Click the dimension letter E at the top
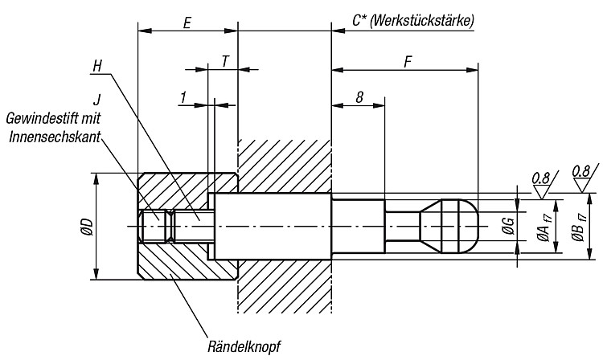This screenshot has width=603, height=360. click(187, 23)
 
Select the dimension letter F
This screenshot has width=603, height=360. click(408, 62)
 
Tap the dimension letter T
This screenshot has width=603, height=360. click(226, 61)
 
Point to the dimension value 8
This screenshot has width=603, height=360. click(359, 97)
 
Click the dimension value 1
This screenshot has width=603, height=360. click(184, 97)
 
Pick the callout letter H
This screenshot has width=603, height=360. click(97, 66)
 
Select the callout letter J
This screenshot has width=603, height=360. click(97, 100)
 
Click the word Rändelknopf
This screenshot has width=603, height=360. click(244, 347)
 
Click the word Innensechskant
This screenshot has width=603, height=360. click(55, 137)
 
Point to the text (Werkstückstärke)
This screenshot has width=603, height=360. click(421, 20)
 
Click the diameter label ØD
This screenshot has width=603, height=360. click(88, 227)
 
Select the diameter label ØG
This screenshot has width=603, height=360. click(508, 226)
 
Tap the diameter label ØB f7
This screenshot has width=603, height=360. click(579, 227)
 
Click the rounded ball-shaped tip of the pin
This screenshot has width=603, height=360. click(460, 226)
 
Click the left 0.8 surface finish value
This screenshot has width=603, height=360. click(541, 178)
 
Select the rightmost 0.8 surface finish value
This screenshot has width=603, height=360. click(581, 171)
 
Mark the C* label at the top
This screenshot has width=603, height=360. click(359, 21)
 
